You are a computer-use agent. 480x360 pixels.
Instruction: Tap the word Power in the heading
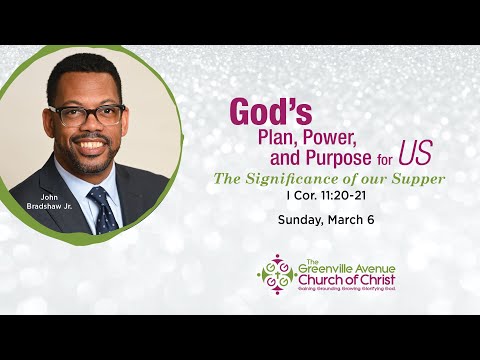pos(326,137)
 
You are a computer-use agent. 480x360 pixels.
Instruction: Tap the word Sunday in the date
pos(296,219)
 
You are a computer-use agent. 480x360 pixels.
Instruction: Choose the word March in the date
pos(343,219)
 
